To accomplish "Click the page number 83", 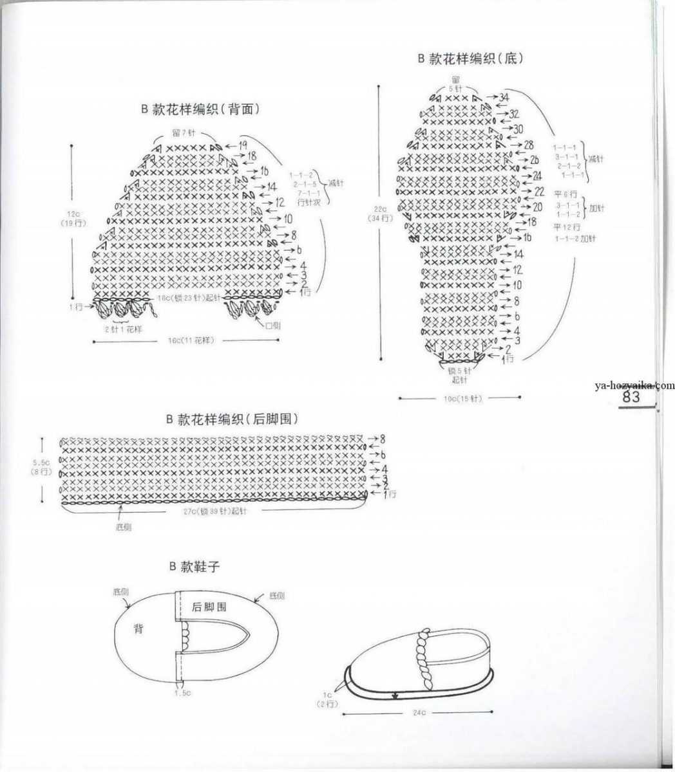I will (632, 398).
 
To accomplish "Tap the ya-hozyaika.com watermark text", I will (634, 385).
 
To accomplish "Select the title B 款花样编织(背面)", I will (200, 109).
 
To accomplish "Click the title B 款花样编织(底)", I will (470, 59).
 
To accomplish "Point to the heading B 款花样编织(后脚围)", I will (232, 419).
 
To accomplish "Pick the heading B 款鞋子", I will (195, 567).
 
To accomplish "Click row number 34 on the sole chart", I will (504, 97).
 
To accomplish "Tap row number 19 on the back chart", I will (243, 145).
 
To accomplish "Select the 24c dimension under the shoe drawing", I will (418, 713).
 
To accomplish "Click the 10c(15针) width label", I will (462, 399).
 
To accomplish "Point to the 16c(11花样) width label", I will (191, 340).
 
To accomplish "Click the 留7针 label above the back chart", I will (183, 133).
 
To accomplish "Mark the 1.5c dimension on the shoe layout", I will (182, 693).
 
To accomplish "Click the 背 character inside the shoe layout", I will (138, 629).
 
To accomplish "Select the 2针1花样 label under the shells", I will (124, 329).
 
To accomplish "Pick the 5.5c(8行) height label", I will (41, 467).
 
